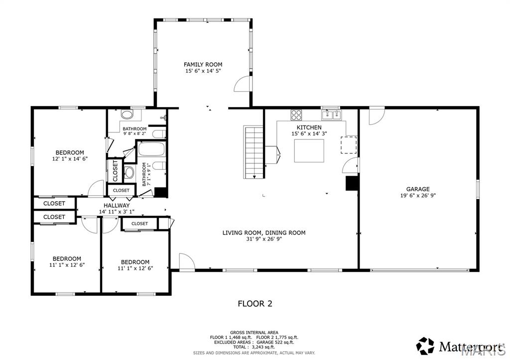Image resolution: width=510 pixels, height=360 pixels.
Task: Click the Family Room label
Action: [203, 64]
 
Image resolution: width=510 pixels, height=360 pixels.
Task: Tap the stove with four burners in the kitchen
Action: [296, 115]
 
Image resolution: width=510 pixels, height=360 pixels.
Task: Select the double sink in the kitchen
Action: [332, 115]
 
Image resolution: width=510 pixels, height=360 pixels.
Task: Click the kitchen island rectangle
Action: [309, 151]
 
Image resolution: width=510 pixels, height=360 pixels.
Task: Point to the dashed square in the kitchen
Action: [349, 144]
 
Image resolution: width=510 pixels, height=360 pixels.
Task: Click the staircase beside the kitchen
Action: [253, 152]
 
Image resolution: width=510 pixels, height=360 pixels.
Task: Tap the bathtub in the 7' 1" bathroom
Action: [153, 149]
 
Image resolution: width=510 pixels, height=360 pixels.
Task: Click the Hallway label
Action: [117, 205]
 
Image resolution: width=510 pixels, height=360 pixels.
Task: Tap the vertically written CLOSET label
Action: [115, 171]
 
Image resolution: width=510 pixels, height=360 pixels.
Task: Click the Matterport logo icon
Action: [425, 345]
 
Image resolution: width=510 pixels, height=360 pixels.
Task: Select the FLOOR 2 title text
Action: [255, 303]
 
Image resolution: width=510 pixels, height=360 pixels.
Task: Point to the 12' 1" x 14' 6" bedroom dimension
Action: [69, 159]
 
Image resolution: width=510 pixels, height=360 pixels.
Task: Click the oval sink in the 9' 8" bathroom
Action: [127, 115]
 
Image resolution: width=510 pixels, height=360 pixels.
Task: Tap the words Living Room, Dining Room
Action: [263, 233]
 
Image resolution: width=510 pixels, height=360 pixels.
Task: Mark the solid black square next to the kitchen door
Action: [352, 183]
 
